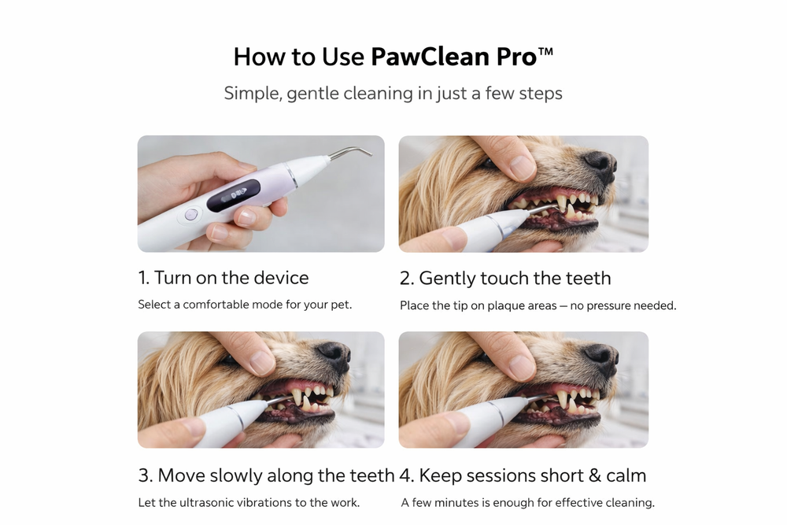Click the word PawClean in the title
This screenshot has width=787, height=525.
430,57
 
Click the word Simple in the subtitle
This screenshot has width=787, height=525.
253,94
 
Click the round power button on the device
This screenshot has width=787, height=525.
190,215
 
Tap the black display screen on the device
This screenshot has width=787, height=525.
234,196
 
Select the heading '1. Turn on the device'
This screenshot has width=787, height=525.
224,278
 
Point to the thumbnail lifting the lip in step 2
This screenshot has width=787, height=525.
522,167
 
